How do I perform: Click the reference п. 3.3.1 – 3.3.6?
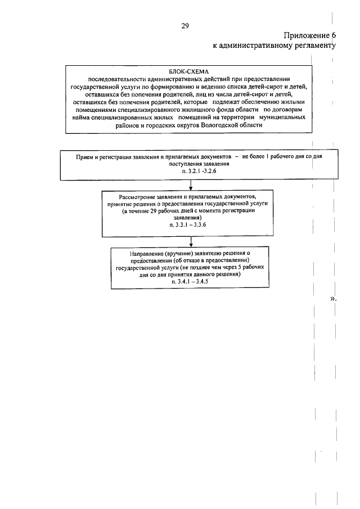coord(191,224)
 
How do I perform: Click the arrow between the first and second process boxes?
coord(191,185)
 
